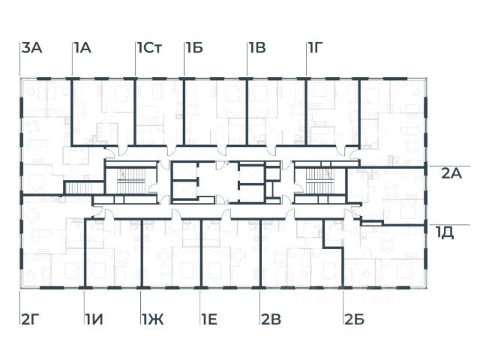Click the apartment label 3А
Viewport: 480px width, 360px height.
tap(31, 49)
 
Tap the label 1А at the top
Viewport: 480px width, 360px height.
tap(82, 49)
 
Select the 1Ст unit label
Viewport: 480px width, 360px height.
tap(149, 49)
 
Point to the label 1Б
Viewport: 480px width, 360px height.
tap(194, 49)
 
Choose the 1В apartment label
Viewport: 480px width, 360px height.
tap(256, 49)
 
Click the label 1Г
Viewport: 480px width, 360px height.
tap(316, 49)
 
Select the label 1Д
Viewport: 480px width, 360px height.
tap(445, 232)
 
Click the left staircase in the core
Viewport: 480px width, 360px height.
tap(124, 179)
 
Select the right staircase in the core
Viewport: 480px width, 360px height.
tap(319, 179)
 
